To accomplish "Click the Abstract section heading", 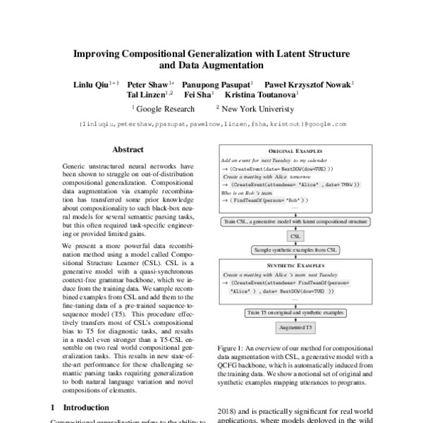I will [128, 149].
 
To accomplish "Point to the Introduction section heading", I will [80, 407].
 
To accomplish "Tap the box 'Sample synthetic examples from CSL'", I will [296, 250].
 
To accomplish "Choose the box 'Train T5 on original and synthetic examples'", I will [296, 311].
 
